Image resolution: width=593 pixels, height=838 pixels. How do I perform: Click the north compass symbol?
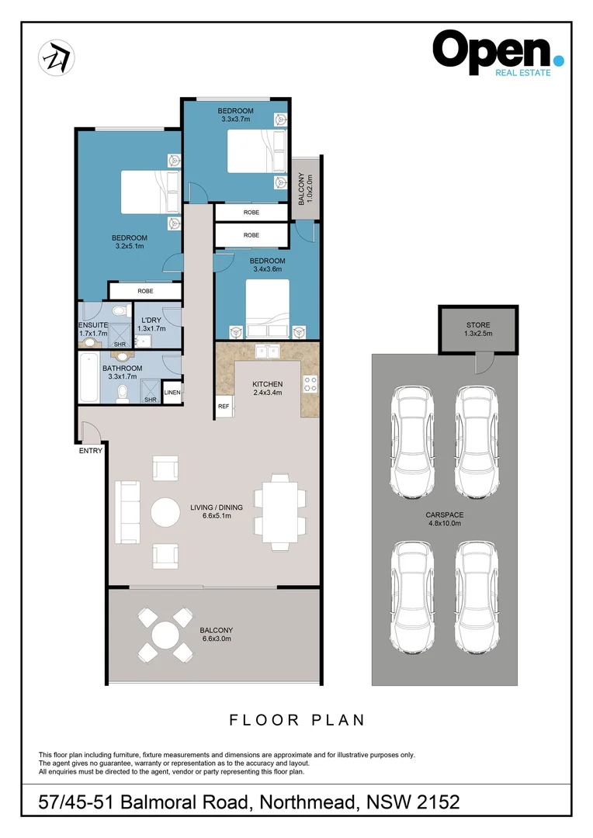coord(57,57)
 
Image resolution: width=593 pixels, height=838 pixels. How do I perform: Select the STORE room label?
coord(478,330)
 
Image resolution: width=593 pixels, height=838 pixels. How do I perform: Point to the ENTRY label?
coord(90,451)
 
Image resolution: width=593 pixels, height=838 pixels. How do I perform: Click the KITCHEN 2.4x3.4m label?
coord(268,389)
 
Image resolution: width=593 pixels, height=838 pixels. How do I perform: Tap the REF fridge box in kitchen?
coord(224,406)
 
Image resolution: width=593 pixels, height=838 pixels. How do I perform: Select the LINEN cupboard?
coord(172,393)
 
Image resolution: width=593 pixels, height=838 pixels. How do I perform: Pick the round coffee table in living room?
coord(165,513)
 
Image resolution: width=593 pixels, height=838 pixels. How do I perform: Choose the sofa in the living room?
coord(128,513)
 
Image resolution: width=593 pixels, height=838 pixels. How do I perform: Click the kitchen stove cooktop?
coord(310,383)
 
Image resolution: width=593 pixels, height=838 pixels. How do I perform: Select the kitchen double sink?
coord(269,351)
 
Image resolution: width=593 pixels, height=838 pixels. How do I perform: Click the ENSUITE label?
coord(92,329)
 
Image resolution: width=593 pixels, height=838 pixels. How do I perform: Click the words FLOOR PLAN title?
coord(296,720)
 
